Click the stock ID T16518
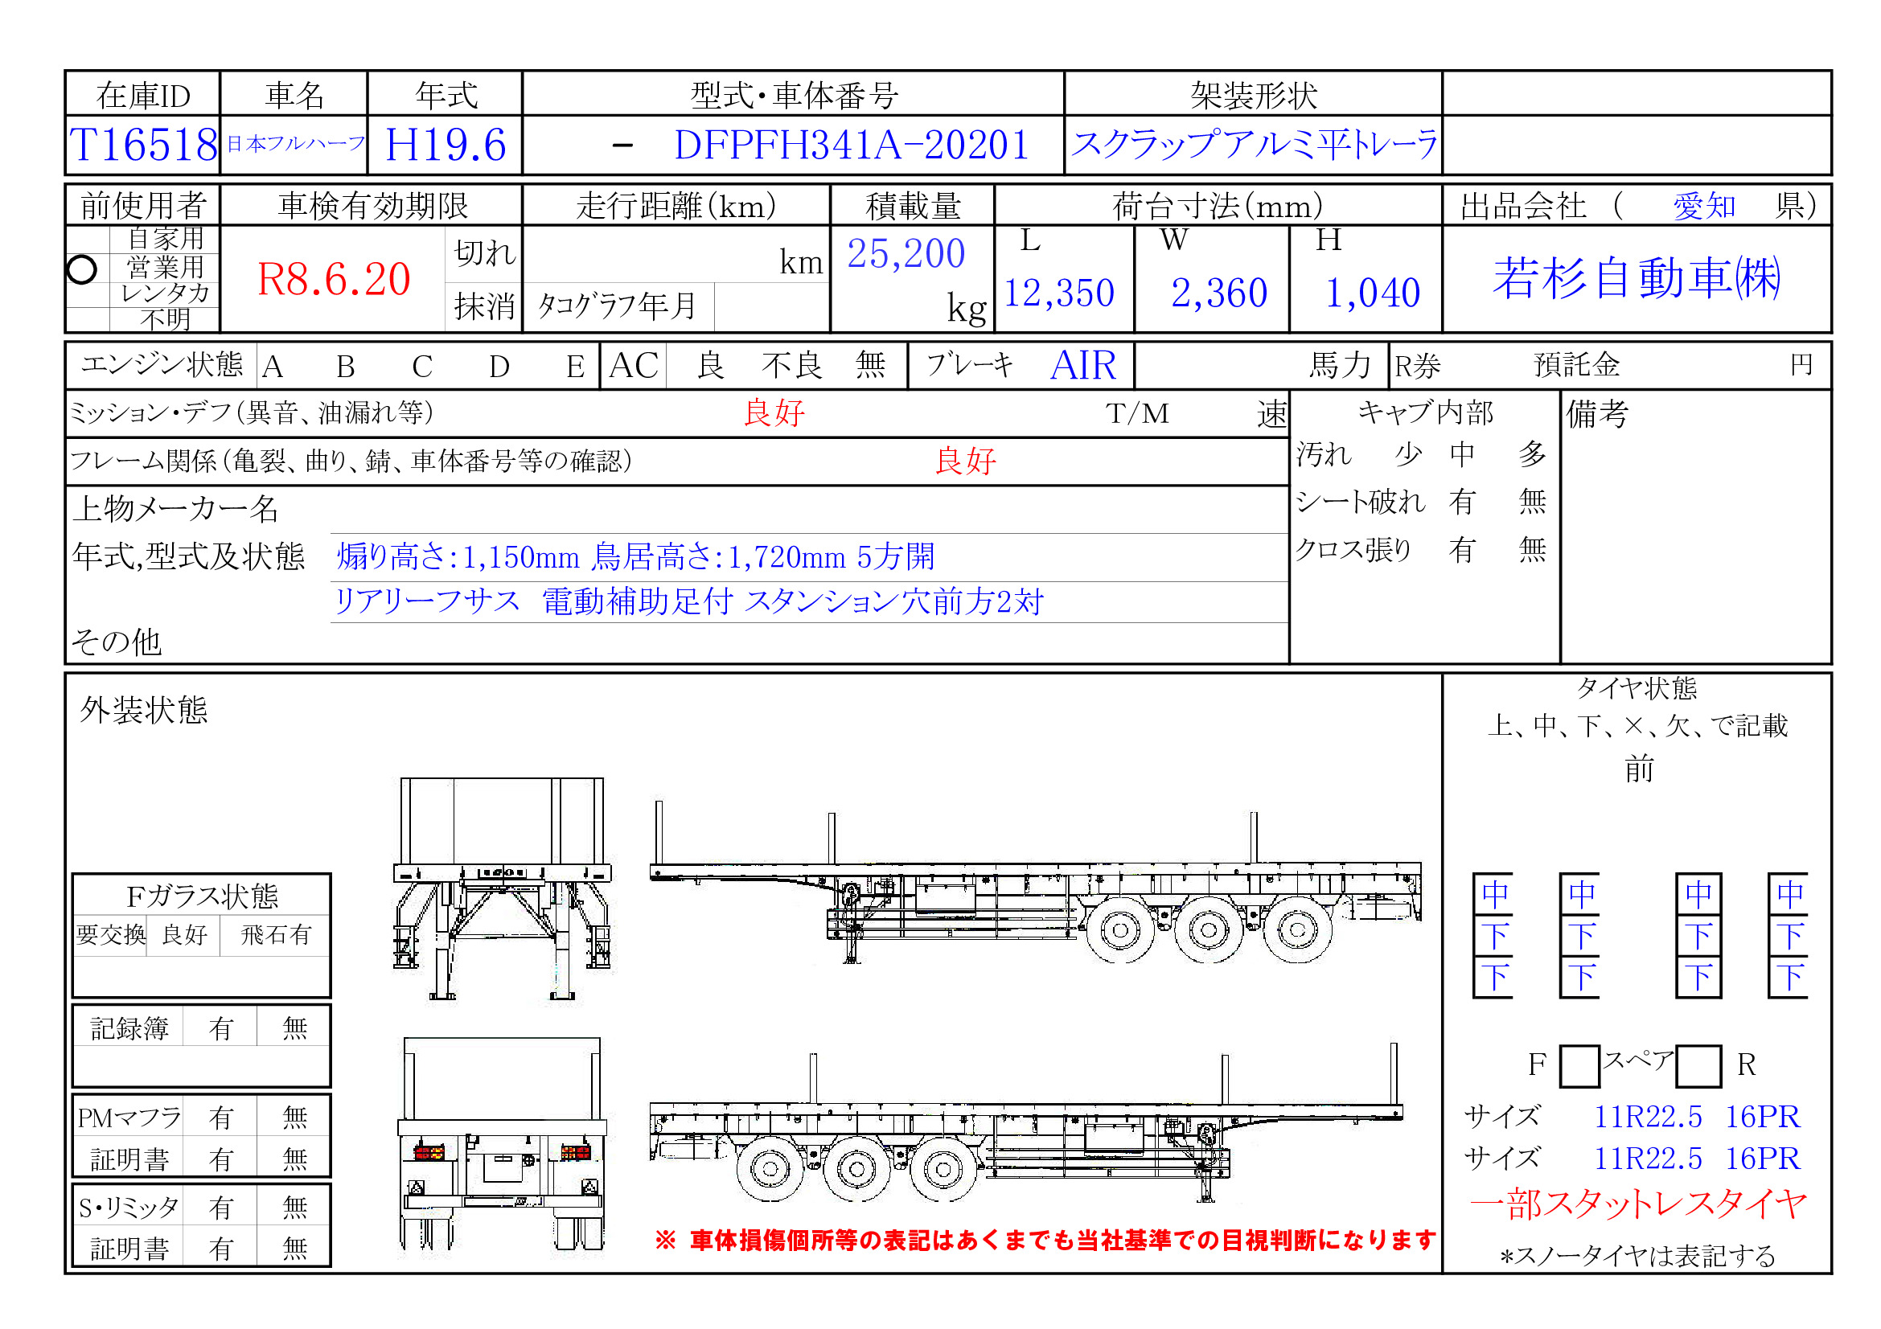tap(143, 145)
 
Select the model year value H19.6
tap(445, 145)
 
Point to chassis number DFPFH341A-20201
tap(850, 145)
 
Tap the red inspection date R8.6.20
tap(334, 279)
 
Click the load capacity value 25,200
tap(906, 254)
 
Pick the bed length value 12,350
tap(1058, 293)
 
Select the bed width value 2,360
tap(1218, 293)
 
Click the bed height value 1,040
tap(1372, 293)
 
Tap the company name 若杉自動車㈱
tap(1636, 277)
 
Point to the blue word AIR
tap(1082, 365)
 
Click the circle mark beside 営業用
tap(82, 269)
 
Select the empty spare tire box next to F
tap(1579, 1065)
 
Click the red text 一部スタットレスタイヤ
tap(1637, 1204)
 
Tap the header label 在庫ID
tap(143, 96)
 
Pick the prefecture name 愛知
tap(1703, 206)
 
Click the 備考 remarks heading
tap(1597, 414)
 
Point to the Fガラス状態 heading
tap(202, 896)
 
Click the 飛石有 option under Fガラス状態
tap(275, 934)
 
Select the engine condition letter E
tap(575, 366)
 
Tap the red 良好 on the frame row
tap(965, 461)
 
